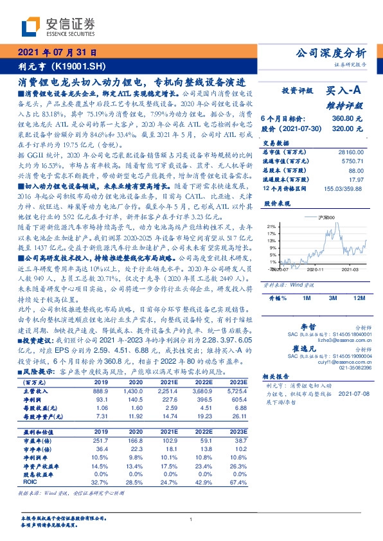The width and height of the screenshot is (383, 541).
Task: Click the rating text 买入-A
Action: pos(346,92)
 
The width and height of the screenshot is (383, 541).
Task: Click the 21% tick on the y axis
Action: pos(272,226)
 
